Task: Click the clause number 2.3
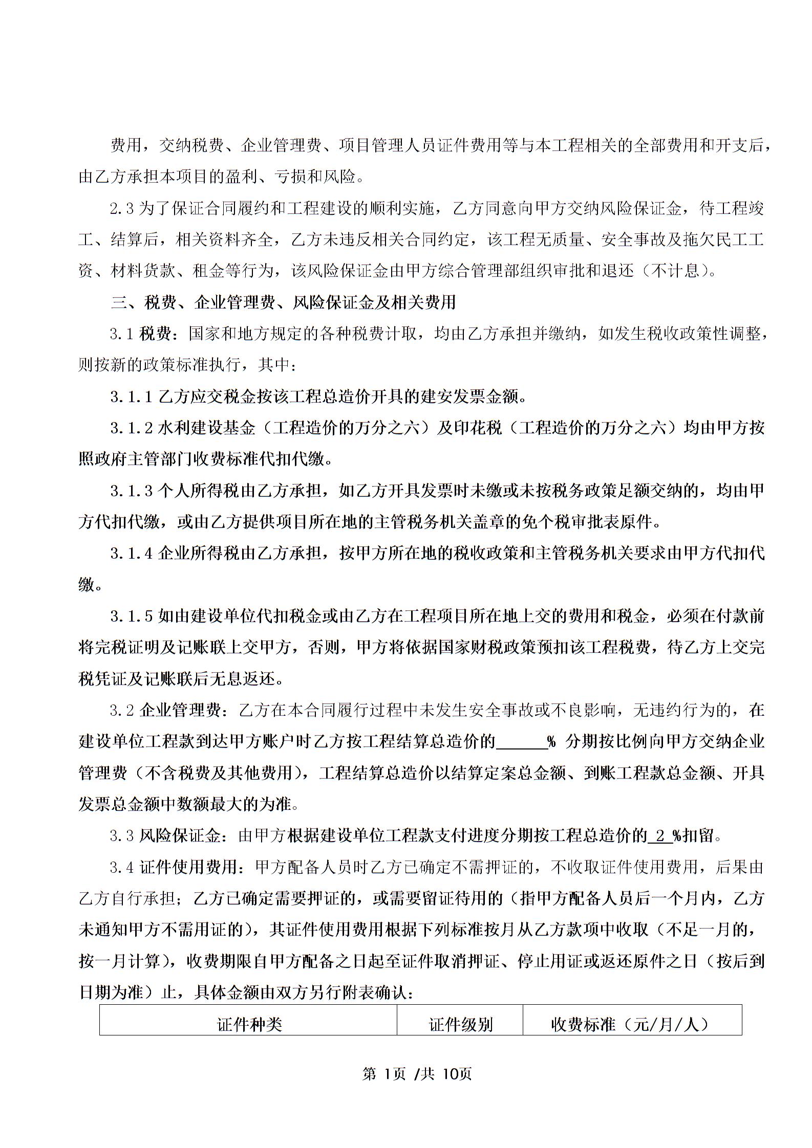(x=122, y=209)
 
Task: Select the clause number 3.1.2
(x=132, y=428)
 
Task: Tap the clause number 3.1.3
(x=132, y=491)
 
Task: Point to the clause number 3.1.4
(x=132, y=554)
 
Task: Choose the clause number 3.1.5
(x=132, y=616)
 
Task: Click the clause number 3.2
(x=122, y=710)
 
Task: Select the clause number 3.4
(x=122, y=867)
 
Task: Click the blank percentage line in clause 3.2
(x=522, y=742)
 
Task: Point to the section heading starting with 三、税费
(x=283, y=303)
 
